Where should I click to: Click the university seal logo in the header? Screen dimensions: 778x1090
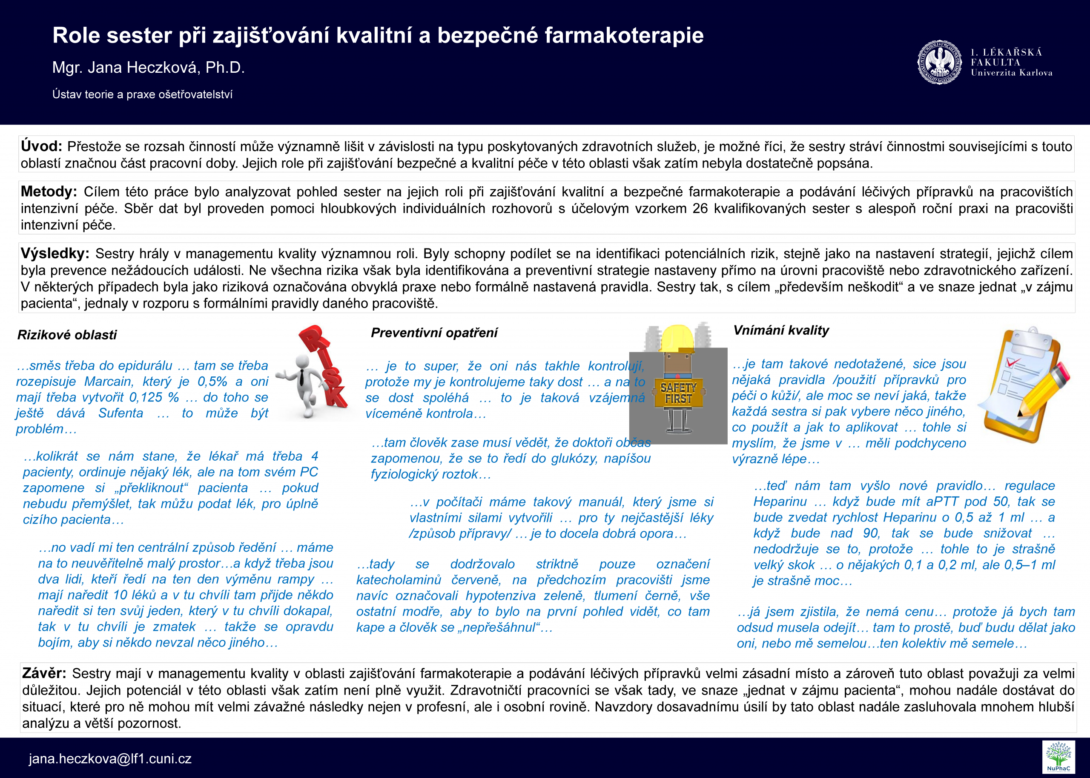[x=939, y=62]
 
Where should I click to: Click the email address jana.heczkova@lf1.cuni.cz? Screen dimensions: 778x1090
[x=110, y=758]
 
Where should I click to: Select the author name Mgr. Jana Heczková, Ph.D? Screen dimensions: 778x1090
[x=148, y=68]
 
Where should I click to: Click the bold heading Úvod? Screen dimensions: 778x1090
[x=41, y=146]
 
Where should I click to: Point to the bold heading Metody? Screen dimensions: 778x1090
[x=49, y=191]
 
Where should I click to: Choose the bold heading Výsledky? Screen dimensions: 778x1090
[x=54, y=253]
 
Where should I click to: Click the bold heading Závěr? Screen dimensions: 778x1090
[x=44, y=673]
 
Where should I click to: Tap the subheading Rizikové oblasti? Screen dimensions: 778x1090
[x=67, y=335]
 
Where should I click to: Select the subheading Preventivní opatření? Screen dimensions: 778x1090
[x=434, y=333]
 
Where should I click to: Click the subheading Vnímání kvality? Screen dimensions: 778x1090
[x=781, y=330]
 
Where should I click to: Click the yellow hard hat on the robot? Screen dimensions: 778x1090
[x=677, y=338]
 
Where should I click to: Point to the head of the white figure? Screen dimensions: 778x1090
[x=303, y=362]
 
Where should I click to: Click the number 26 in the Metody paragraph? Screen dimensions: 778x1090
[x=700, y=208]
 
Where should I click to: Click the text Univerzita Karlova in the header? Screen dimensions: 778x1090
[x=1011, y=73]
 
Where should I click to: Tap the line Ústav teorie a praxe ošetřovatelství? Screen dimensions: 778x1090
[x=143, y=94]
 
